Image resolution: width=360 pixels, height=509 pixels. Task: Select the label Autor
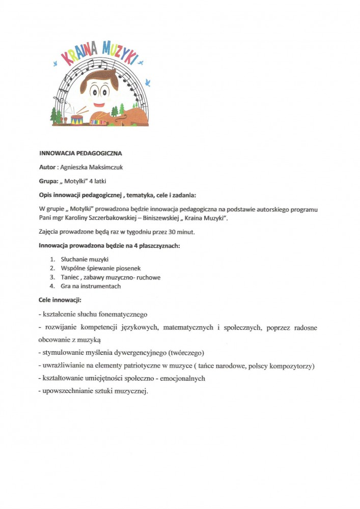[48, 167]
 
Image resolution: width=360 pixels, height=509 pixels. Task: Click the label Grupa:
[50, 181]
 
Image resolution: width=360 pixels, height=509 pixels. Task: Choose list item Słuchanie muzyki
[84, 259]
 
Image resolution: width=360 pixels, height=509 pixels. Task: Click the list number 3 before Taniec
[52, 277]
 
